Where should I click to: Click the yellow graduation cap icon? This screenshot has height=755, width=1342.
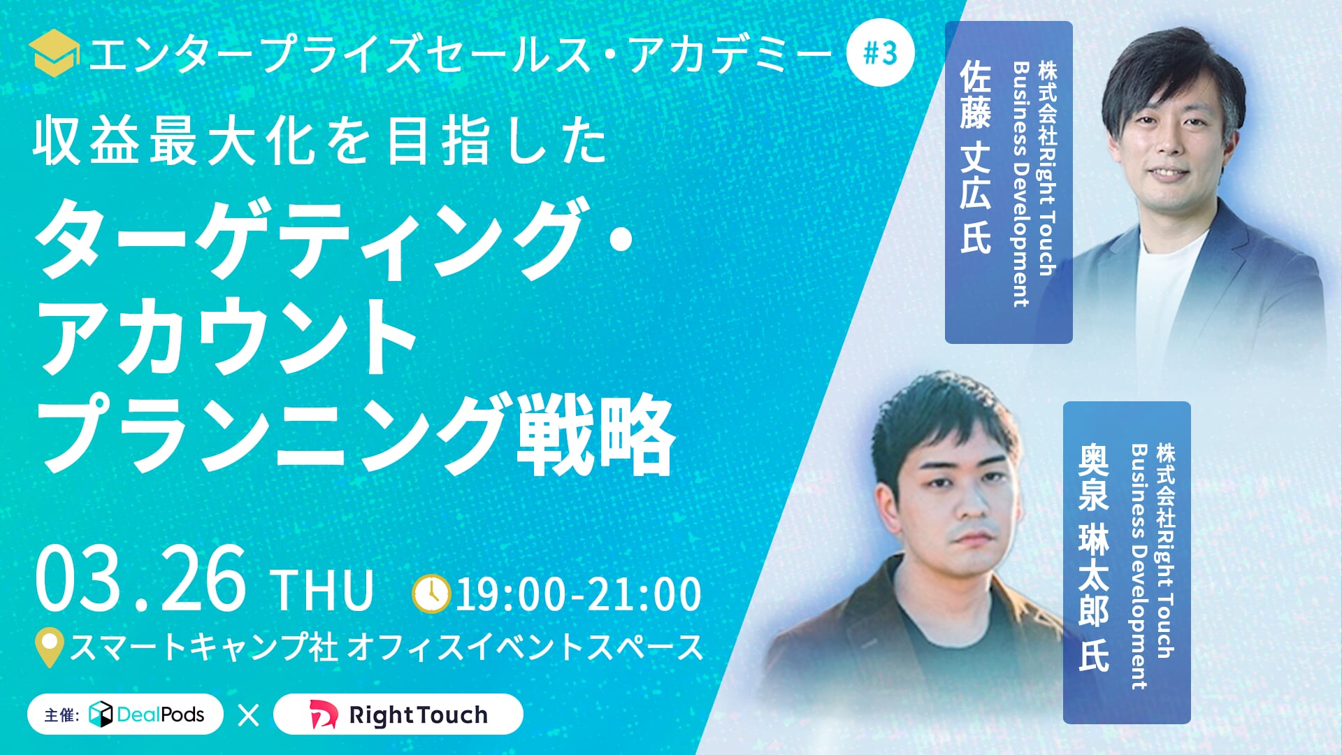(54, 53)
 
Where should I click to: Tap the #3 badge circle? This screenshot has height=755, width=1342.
(881, 53)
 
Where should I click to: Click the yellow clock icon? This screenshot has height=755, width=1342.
(431, 594)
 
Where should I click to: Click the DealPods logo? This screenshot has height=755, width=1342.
(147, 714)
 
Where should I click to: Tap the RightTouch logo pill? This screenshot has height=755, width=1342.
(398, 714)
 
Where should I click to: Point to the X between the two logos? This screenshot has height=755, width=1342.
(248, 715)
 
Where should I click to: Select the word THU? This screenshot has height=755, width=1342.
(323, 591)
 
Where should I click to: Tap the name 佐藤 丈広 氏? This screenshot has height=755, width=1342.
(975, 157)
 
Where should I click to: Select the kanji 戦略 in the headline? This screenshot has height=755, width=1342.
(596, 434)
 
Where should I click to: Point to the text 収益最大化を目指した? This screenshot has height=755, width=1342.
(320, 142)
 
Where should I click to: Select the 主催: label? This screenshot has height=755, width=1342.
(62, 715)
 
